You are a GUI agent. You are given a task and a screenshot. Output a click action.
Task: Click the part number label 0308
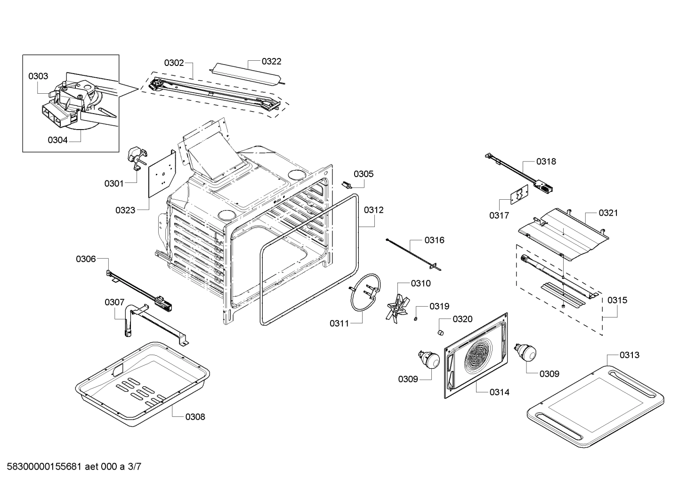(195, 417)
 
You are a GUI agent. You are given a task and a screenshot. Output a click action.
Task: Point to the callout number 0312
(373, 210)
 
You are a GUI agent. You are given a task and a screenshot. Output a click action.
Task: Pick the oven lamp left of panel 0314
(428, 360)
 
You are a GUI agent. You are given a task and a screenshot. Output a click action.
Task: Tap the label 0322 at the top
(272, 61)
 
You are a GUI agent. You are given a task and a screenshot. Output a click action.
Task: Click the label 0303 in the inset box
(38, 76)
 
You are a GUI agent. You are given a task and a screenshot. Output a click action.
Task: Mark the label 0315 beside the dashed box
(617, 300)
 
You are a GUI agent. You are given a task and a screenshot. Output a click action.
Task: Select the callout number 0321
(608, 213)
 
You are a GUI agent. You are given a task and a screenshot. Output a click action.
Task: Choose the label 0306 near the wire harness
(86, 259)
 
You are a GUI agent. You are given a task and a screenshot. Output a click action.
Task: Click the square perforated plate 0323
(162, 173)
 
